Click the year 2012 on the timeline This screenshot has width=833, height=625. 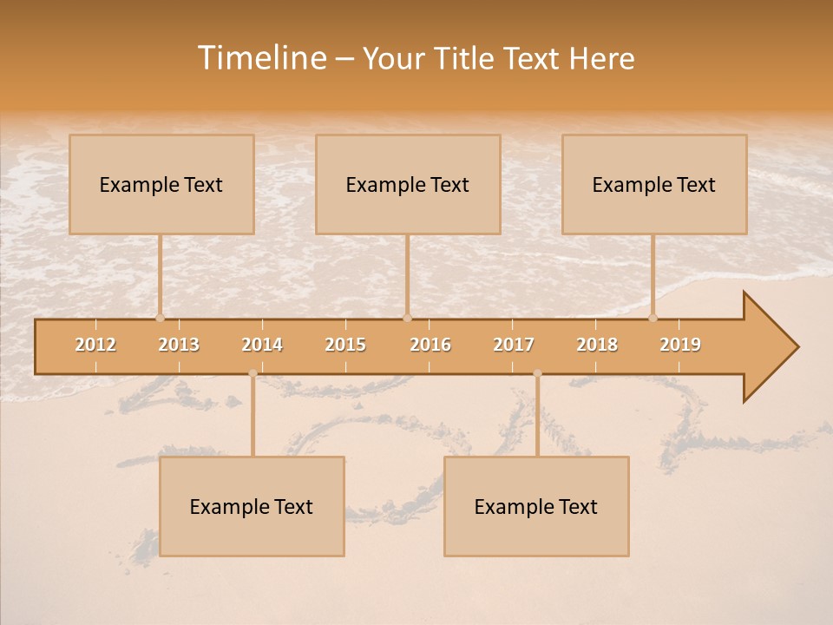click(x=95, y=345)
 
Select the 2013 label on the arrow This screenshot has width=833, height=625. click(x=179, y=345)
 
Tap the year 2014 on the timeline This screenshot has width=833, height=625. click(x=262, y=345)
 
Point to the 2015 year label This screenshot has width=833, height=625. click(x=345, y=345)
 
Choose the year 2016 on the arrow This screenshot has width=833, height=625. click(x=430, y=345)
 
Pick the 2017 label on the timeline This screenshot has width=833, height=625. click(x=514, y=345)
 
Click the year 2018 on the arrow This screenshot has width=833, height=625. click(x=597, y=345)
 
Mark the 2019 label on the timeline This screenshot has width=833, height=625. click(x=680, y=345)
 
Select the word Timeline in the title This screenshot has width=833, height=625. click(x=260, y=58)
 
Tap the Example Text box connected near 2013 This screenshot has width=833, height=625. click(x=161, y=184)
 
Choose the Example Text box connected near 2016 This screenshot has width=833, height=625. click(x=408, y=184)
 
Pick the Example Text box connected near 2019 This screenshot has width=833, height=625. click(x=654, y=184)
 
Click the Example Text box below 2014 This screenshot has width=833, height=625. click(x=252, y=506)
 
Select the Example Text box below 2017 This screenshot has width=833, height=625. click(x=536, y=506)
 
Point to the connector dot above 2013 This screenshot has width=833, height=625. click(x=160, y=318)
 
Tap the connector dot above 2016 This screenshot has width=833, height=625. click(x=407, y=318)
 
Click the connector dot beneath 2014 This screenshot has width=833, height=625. click(x=253, y=373)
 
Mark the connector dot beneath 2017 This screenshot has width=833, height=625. click(x=537, y=373)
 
